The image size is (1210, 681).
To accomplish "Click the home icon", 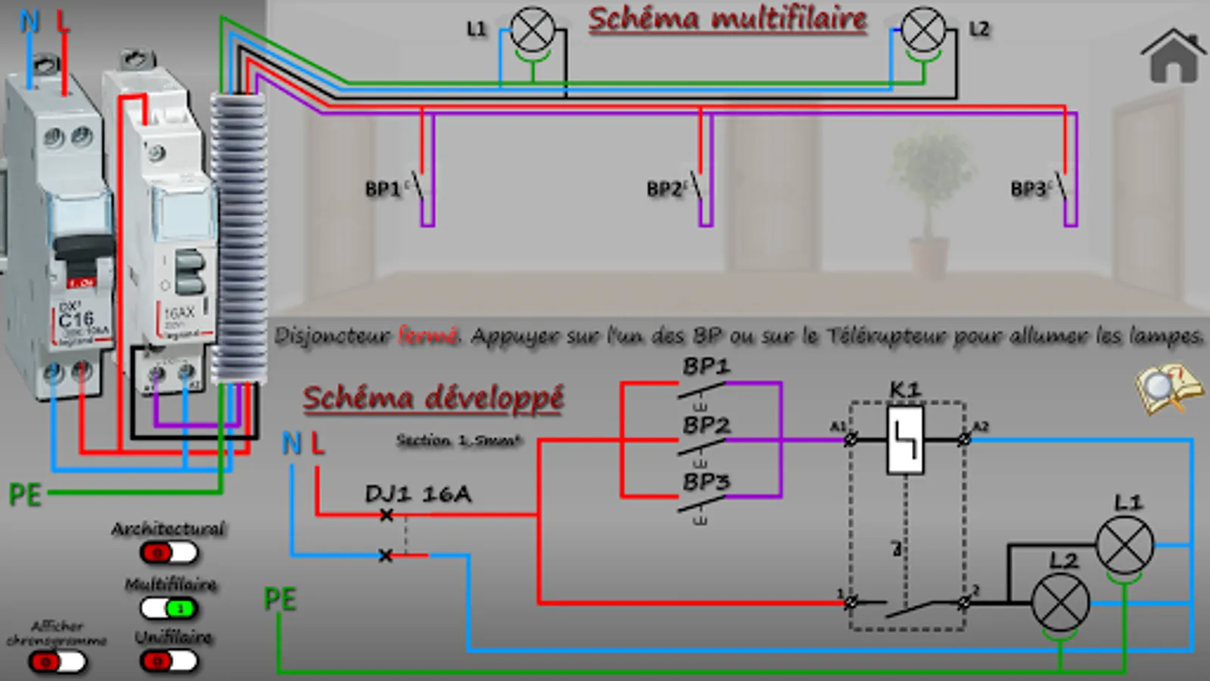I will coord(1173,57).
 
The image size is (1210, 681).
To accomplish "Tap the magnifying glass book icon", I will coord(1169,387).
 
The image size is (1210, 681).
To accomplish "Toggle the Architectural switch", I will coord(169,553).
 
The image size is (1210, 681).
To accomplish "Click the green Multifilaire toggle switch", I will coord(169,608).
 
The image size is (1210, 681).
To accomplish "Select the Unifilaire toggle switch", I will coord(169,661).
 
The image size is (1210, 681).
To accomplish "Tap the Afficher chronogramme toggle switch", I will coord(57,662).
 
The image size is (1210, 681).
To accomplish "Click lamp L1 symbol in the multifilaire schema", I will coord(532,30).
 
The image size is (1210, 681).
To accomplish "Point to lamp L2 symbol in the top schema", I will coord(923,30).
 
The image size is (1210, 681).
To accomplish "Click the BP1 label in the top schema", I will coord(383,189).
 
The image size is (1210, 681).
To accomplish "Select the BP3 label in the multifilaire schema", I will coord(1028,189).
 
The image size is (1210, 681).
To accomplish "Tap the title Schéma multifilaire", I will coord(728,19).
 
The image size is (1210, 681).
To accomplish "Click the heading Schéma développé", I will coord(433,398).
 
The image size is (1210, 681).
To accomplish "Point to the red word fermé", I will coord(429,335).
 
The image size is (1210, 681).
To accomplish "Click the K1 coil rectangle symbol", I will coord(905,440).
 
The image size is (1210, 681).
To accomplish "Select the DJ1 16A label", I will coord(418,494).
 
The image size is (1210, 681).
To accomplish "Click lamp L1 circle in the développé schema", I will coord(1125,545).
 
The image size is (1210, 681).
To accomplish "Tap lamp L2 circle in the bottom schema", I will coord(1060,602).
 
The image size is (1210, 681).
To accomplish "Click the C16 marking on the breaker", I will coord(76,319).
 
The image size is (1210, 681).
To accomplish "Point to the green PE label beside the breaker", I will coord(24,496).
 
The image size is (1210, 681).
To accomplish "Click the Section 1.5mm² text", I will coord(459,440).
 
